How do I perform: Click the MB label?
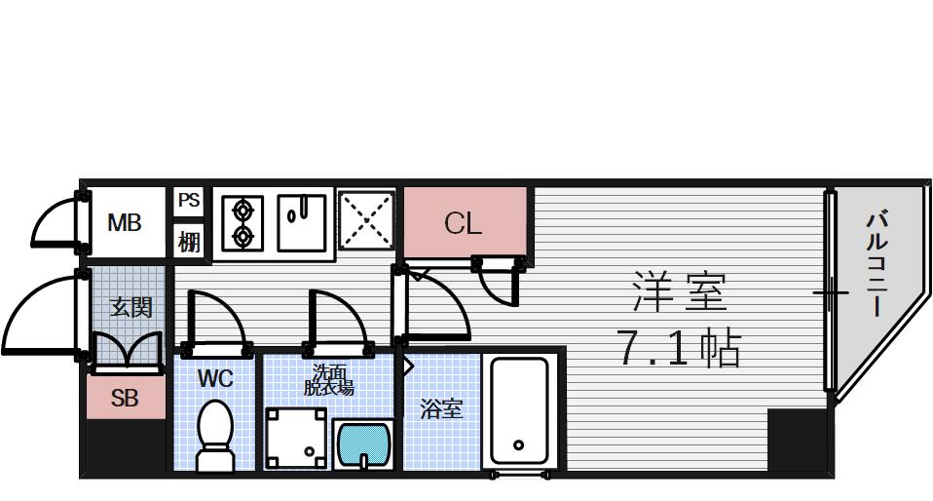pyautogui.click(x=124, y=223)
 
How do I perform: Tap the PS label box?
pyautogui.click(x=188, y=201)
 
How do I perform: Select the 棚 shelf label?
pyautogui.click(x=188, y=241)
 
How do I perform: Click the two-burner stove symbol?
pyautogui.click(x=242, y=223)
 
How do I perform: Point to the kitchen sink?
pyautogui.click(x=301, y=222)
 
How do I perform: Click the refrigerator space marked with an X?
pyautogui.click(x=366, y=222)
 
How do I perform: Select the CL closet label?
pyautogui.click(x=464, y=223)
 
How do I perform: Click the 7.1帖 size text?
pyautogui.click(x=680, y=347)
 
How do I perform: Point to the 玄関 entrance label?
pyautogui.click(x=130, y=307)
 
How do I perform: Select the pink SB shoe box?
pyautogui.click(x=125, y=399)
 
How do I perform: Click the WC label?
pyautogui.click(x=215, y=378)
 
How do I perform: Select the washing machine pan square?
pyautogui.click(x=297, y=437)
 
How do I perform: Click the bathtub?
pyautogui.click(x=521, y=409)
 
